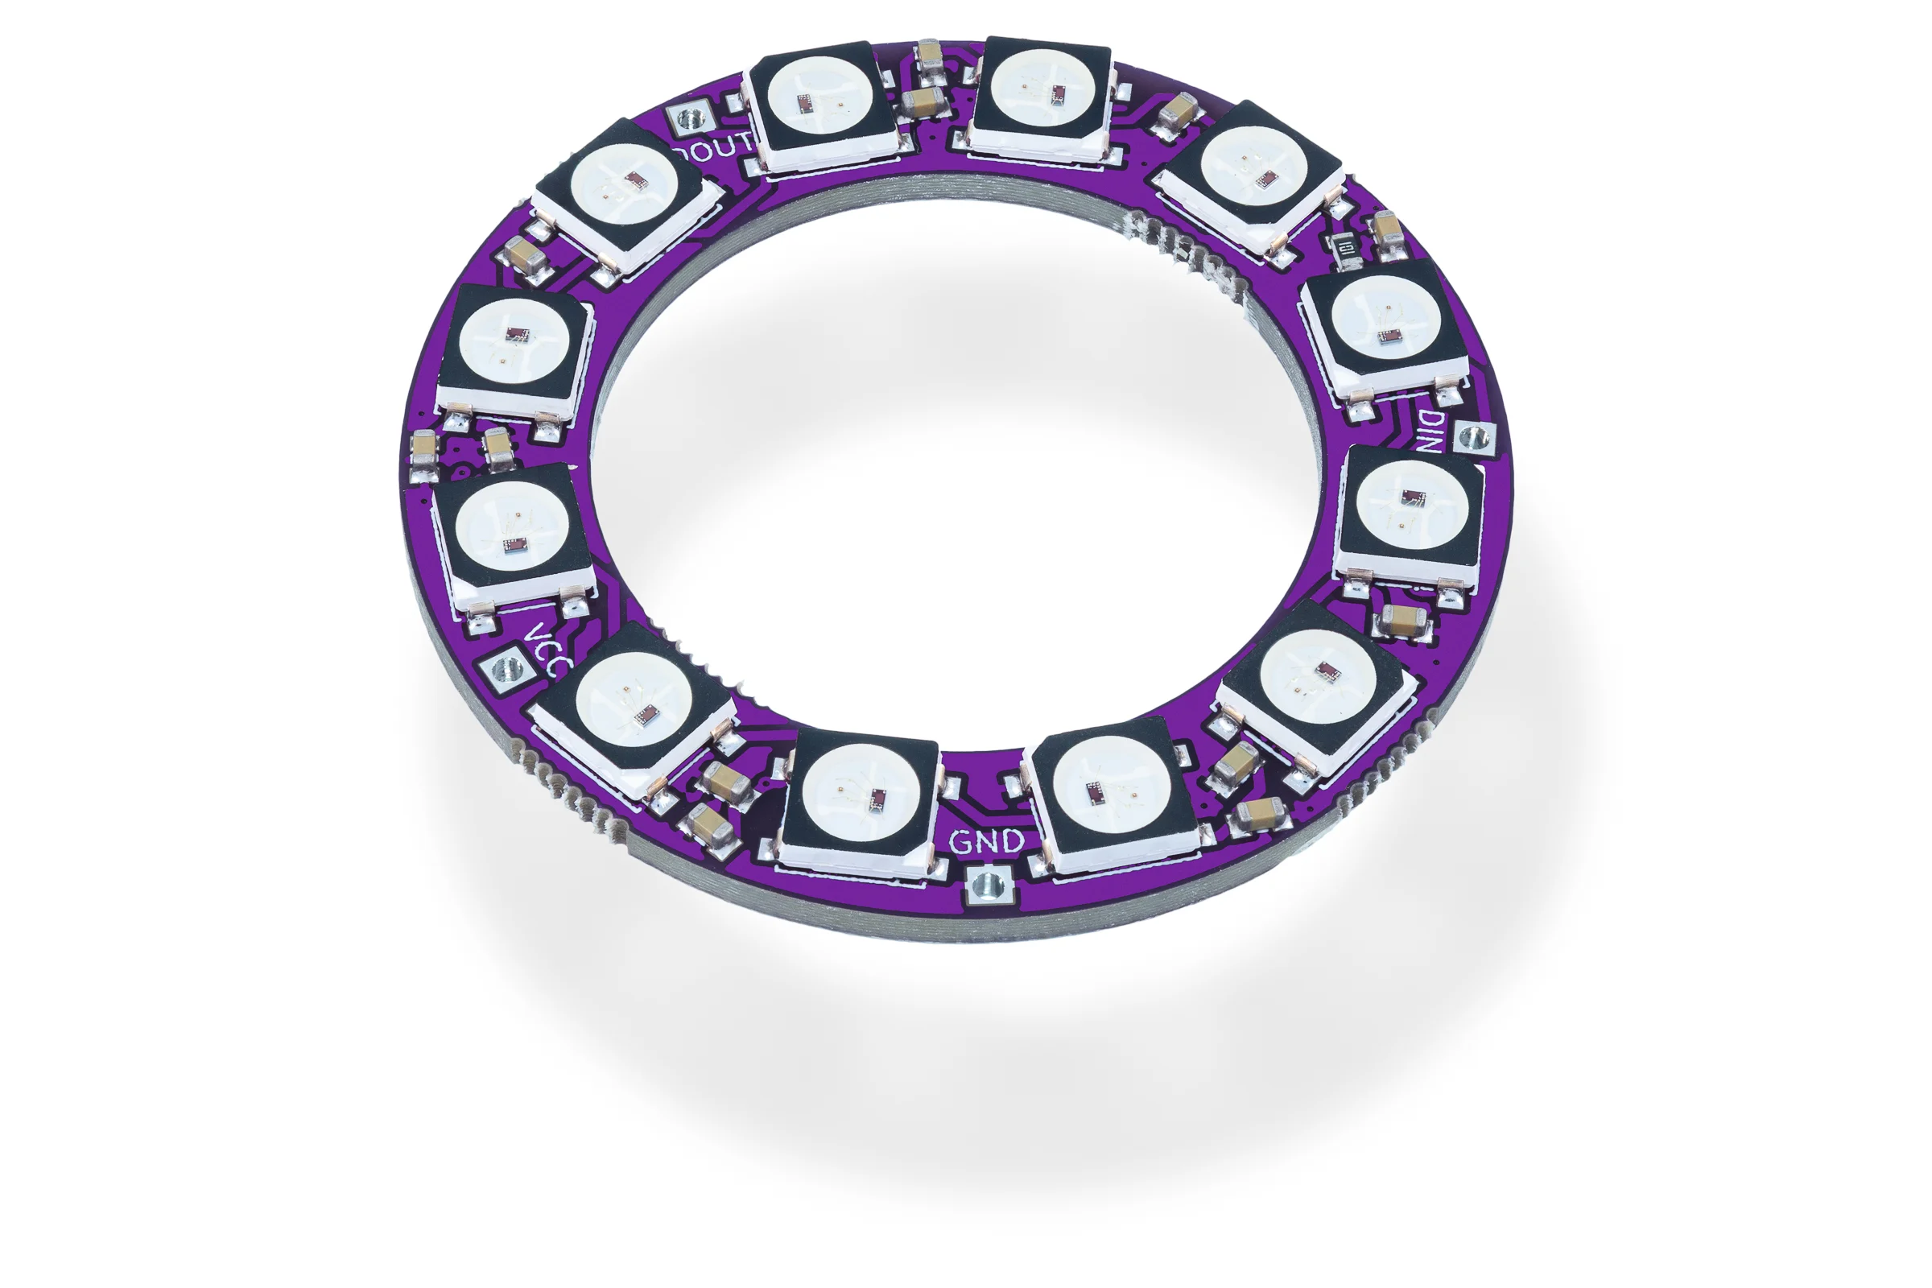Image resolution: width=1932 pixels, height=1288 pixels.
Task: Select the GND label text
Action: point(987,842)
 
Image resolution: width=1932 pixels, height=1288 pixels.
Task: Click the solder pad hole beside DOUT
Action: point(689,121)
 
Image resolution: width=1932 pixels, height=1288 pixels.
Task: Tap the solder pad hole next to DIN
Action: point(1476,437)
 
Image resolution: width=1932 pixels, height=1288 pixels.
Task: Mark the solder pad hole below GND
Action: point(987,885)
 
